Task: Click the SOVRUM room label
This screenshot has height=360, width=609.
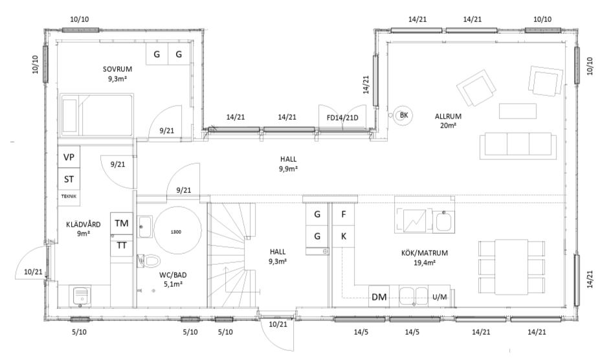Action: [117, 69]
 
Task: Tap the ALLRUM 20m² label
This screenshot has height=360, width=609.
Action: [448, 120]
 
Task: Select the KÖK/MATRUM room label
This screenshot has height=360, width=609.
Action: [425, 253]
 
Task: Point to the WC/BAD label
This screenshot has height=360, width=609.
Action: [173, 275]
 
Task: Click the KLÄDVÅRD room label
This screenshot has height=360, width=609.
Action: [83, 224]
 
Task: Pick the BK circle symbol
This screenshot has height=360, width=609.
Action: [404, 115]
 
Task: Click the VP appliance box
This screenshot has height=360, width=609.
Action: [69, 157]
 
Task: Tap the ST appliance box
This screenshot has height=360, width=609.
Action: [69, 179]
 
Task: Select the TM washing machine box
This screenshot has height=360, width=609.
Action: [122, 223]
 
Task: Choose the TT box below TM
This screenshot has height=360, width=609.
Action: [122, 245]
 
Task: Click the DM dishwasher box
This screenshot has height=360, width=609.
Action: [379, 297]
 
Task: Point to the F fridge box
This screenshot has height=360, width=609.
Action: [344, 214]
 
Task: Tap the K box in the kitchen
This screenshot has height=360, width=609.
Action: [344, 236]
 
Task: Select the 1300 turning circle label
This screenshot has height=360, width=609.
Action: [175, 232]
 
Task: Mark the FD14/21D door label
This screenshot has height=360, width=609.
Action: [342, 117]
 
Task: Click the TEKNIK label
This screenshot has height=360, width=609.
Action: [69, 196]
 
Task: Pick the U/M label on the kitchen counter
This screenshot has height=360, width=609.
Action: [439, 297]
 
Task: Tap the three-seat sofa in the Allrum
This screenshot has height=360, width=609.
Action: [518, 146]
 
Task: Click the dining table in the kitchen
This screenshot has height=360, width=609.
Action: [511, 267]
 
